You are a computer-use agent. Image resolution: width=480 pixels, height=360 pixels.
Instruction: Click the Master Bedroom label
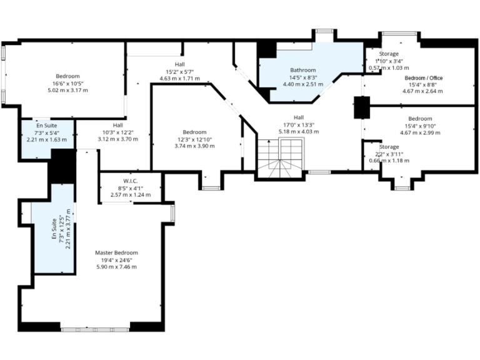point(116,252)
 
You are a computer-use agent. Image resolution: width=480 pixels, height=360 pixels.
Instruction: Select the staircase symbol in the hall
point(280,157)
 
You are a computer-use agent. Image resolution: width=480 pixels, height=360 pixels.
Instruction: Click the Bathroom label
point(302,70)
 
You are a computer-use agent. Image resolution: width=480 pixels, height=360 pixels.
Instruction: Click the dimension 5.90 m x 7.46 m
point(116,267)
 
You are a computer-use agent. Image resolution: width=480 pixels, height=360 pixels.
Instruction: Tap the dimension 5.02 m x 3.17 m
point(67,91)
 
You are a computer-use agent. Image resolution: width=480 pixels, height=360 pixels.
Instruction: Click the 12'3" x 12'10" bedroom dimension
point(194,139)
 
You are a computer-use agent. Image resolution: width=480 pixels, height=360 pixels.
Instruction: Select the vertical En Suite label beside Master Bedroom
point(54,229)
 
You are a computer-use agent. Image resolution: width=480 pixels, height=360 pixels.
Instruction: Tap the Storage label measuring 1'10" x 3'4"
point(389,54)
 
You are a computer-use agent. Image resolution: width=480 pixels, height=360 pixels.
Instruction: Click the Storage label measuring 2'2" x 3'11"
point(389,147)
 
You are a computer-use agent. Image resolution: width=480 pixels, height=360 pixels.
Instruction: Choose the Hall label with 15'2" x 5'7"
point(179,64)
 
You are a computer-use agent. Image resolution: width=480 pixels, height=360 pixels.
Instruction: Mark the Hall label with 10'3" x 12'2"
point(117,125)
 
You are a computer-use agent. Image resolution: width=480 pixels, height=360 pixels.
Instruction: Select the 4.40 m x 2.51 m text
point(302,84)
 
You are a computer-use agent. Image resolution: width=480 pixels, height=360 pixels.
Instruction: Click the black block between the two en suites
point(62,166)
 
